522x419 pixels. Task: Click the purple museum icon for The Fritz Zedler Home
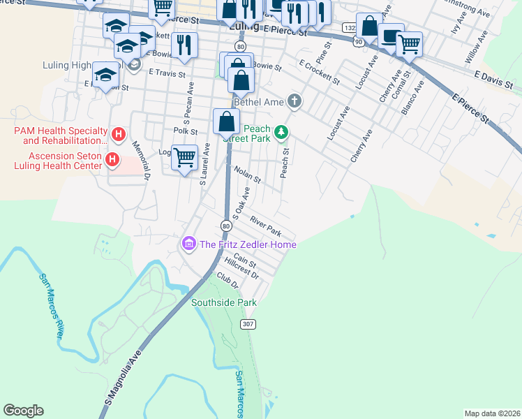[x=188, y=244]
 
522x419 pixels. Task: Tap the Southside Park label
[x=224, y=302]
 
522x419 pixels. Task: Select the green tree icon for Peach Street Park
[x=281, y=131]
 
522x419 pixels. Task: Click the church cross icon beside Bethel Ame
[x=294, y=102]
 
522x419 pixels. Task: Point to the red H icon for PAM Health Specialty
[x=119, y=133]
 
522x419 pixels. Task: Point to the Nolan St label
[x=247, y=175]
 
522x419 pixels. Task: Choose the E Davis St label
[x=493, y=79]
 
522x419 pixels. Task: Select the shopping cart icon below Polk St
[x=184, y=157]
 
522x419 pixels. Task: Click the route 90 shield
[x=358, y=42]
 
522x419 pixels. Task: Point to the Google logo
[x=23, y=411]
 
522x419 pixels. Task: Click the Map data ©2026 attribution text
[x=493, y=413]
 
